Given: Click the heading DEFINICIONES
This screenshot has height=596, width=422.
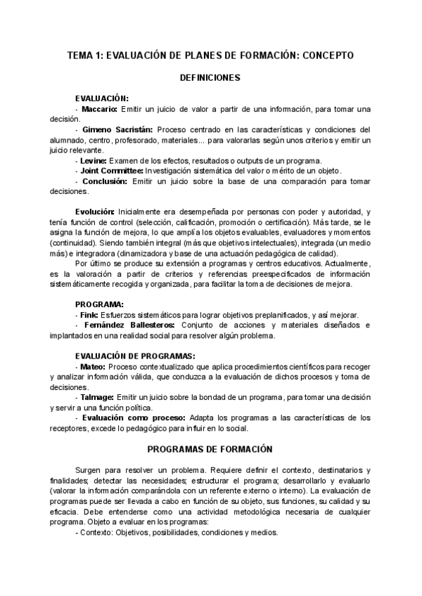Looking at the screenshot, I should click(x=210, y=78).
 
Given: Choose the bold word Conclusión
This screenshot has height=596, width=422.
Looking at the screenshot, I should click(x=104, y=181).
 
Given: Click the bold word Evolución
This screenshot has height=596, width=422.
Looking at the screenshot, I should click(x=95, y=212).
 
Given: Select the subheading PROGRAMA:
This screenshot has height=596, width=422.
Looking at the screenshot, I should click(x=99, y=304).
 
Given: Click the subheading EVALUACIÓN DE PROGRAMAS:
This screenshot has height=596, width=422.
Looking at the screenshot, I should click(x=135, y=356).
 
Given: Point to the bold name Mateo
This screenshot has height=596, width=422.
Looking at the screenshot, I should click(x=93, y=367).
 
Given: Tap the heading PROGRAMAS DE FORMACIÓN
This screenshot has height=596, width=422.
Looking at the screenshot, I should click(x=210, y=448).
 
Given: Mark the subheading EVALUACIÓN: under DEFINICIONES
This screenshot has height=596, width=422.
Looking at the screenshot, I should click(x=101, y=99).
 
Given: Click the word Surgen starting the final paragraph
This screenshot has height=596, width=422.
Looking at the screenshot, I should click(x=88, y=469).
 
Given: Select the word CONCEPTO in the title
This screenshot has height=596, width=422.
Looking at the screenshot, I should click(x=328, y=55).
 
